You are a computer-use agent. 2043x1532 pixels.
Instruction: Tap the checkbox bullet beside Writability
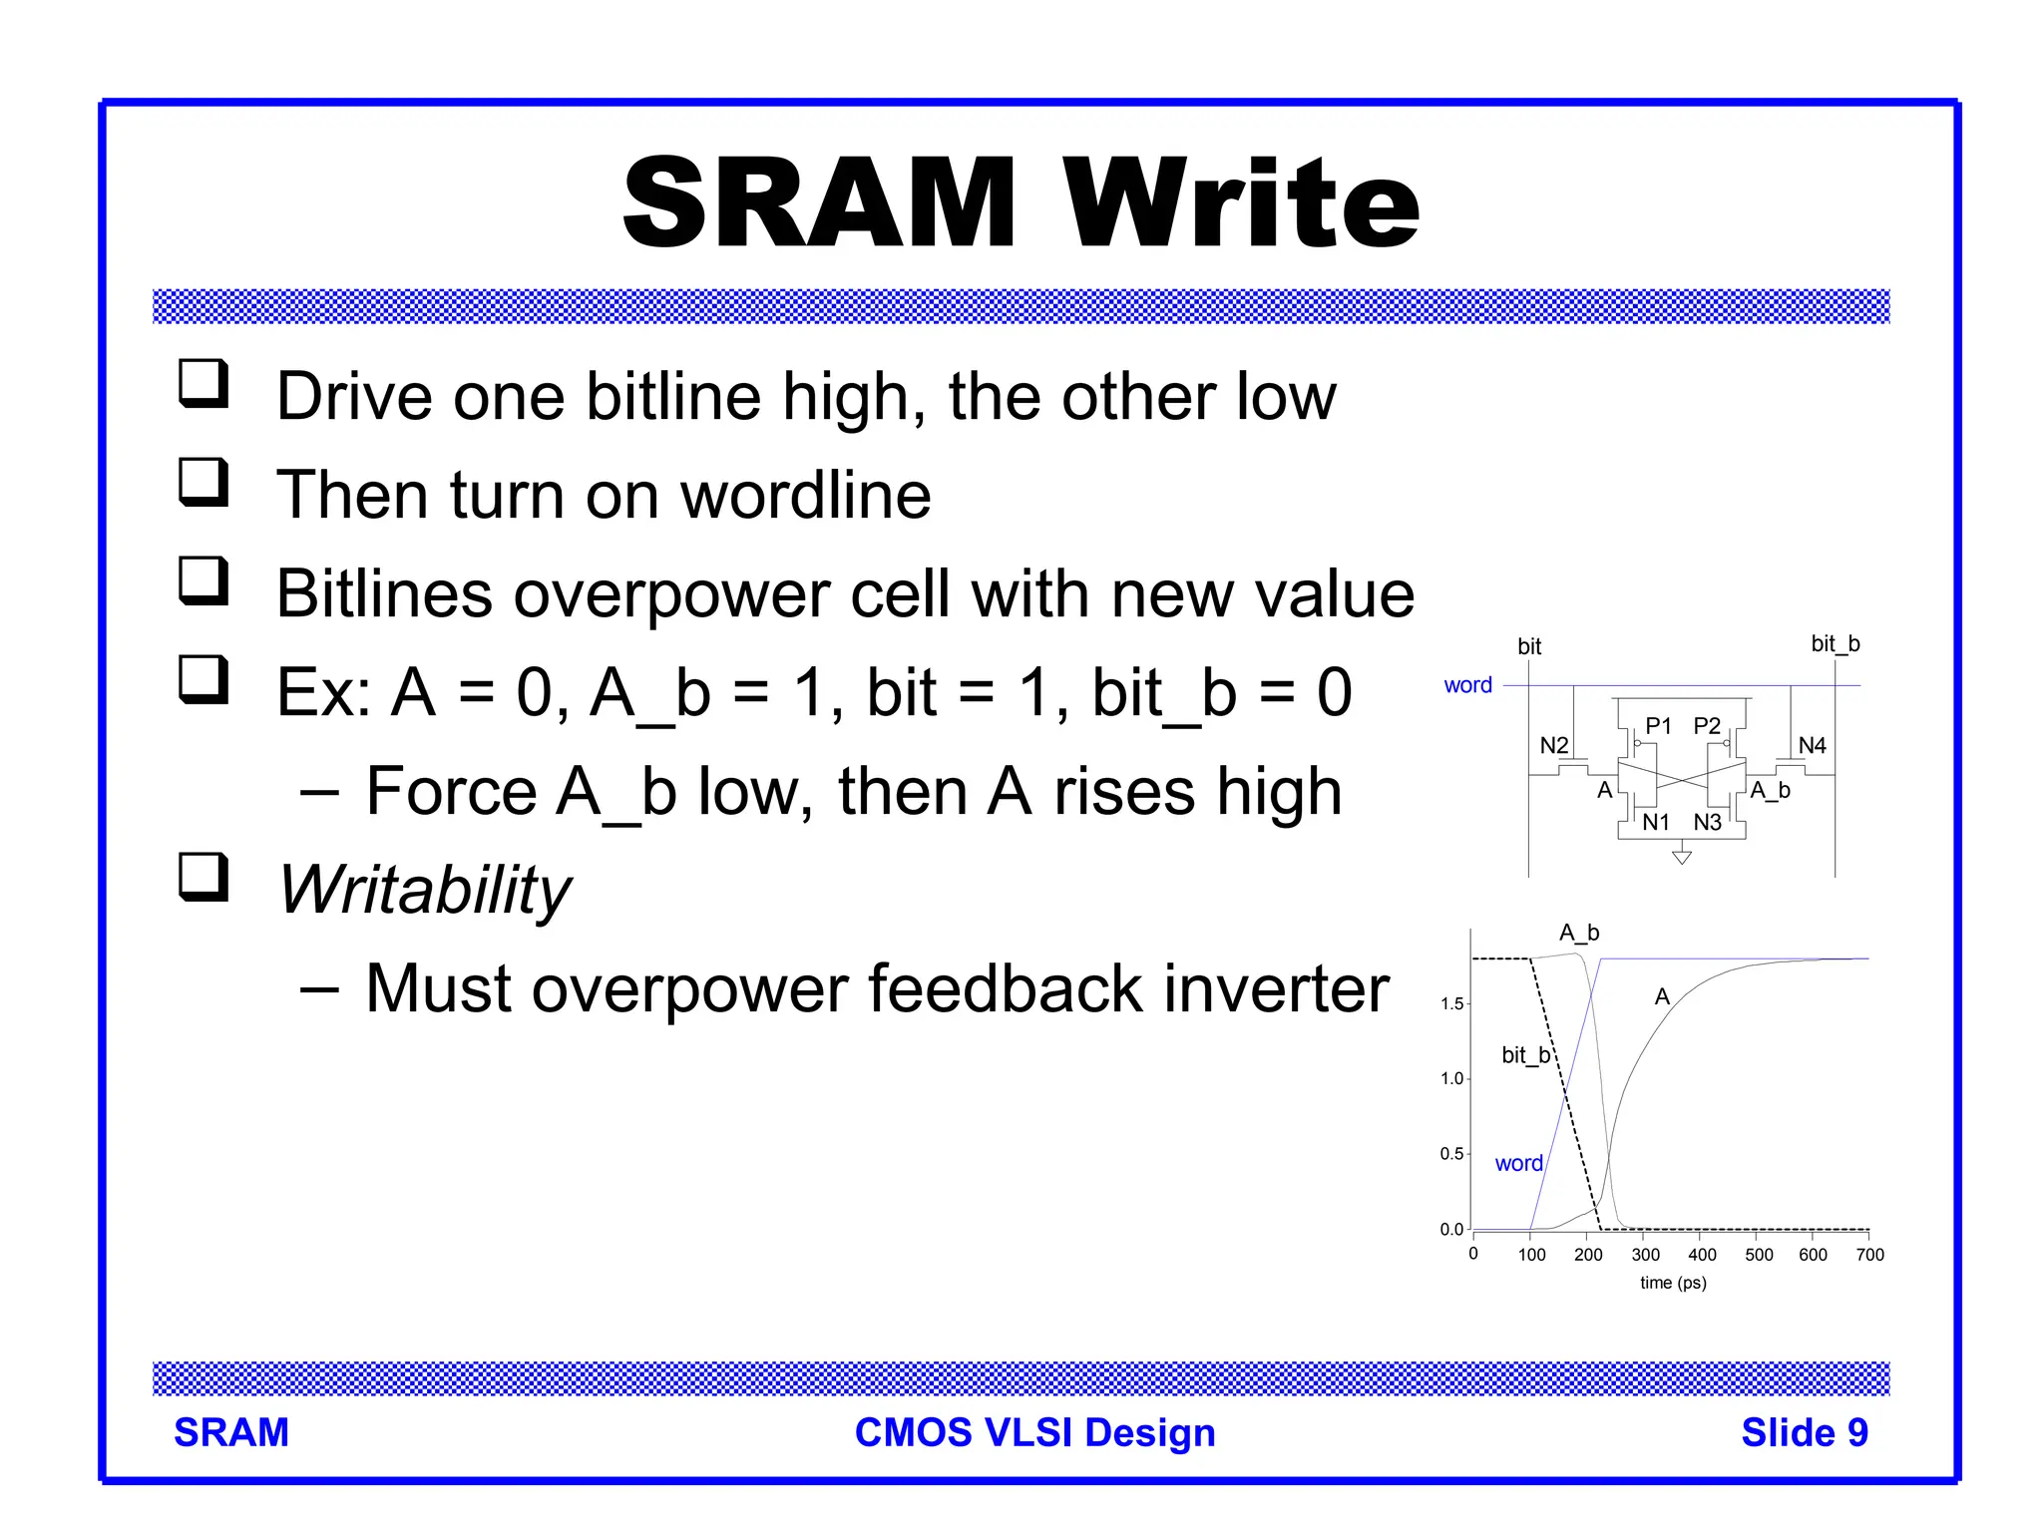(204, 878)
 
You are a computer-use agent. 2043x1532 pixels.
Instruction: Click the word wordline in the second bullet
(805, 495)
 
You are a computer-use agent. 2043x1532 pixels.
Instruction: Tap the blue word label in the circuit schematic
(1467, 685)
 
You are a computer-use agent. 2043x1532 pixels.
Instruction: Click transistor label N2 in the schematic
(1553, 745)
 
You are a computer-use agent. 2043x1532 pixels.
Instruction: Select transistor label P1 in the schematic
(1658, 726)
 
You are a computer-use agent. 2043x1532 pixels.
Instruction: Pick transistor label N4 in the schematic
(1812, 745)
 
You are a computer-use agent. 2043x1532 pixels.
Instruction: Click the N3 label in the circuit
(1707, 822)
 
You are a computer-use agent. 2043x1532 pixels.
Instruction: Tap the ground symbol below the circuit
(1682, 856)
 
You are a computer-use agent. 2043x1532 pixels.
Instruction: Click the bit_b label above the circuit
(1836, 643)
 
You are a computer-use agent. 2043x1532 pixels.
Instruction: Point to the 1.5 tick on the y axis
(1451, 1003)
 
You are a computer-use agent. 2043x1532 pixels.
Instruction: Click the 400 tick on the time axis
(1702, 1255)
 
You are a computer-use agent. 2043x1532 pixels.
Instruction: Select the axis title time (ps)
(1673, 1283)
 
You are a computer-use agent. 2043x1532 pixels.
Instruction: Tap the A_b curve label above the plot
(1579, 933)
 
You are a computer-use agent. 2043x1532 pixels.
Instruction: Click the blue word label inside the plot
(1518, 1163)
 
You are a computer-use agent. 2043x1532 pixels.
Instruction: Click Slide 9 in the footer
(1804, 1432)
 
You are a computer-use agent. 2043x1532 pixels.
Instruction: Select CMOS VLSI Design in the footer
(1034, 1432)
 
